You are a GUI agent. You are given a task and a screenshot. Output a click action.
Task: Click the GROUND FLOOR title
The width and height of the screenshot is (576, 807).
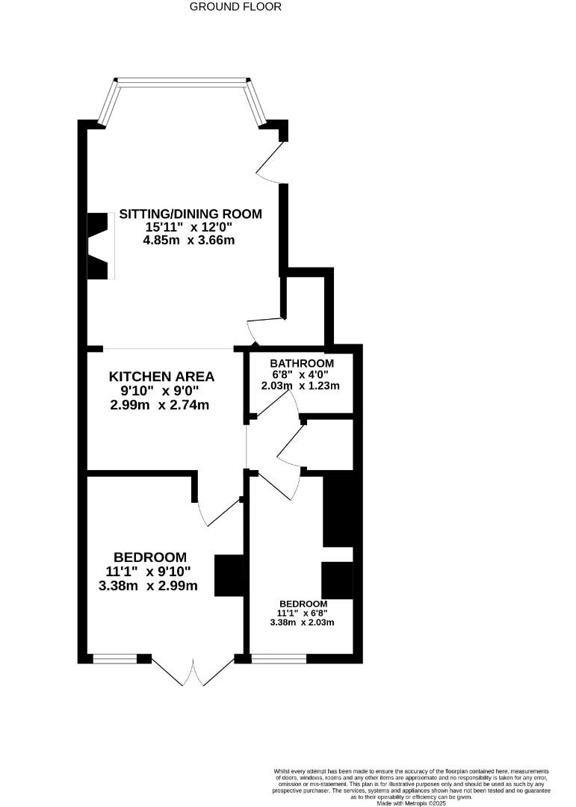[x=235, y=7]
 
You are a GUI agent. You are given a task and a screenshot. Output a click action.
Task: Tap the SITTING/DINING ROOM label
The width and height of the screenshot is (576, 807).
[x=191, y=214]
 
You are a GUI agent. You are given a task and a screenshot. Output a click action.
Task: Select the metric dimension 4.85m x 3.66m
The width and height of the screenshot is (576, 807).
[x=188, y=241]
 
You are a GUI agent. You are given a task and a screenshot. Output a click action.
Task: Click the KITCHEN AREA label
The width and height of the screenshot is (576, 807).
[x=161, y=377]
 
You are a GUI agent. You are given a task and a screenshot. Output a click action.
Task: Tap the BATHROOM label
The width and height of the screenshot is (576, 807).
[x=297, y=363]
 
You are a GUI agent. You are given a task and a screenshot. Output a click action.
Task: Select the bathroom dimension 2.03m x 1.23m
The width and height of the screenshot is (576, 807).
[x=300, y=386]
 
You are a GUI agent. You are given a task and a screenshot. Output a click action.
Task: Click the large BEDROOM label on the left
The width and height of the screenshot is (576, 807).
[x=149, y=557]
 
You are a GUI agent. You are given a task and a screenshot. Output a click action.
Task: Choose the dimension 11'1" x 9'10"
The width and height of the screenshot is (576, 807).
[x=149, y=572]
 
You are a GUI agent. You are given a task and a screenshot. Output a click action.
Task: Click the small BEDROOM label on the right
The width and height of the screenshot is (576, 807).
[x=303, y=604]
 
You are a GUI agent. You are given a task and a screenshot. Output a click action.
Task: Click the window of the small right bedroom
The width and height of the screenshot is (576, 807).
[x=279, y=658]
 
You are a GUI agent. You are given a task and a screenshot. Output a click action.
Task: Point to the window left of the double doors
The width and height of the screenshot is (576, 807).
[x=115, y=658]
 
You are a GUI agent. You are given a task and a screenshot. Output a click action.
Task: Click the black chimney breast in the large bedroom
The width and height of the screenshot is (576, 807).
[x=229, y=575]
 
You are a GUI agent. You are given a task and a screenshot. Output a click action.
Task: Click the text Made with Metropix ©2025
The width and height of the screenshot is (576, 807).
[x=411, y=803]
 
